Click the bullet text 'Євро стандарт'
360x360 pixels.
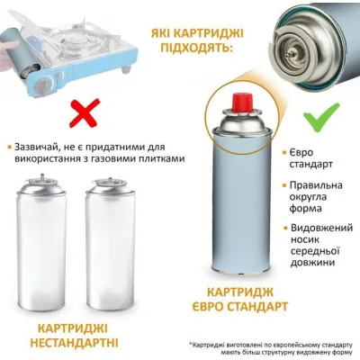click(314, 159)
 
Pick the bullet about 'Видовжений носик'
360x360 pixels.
click(319, 247)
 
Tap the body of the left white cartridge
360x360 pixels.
click(43, 261)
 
